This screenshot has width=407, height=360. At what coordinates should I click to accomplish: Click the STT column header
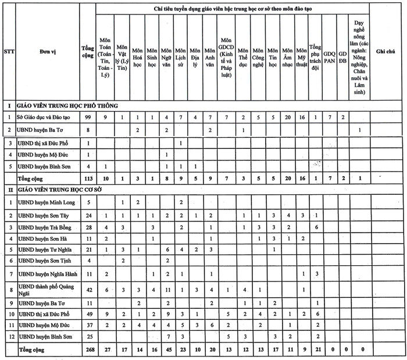(x=9, y=52)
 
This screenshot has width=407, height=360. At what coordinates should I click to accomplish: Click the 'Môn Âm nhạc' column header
(x=287, y=52)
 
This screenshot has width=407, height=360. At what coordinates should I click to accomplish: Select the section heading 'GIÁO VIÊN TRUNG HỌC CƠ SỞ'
(x=65, y=190)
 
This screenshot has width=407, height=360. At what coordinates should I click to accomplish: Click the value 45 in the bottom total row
(x=167, y=350)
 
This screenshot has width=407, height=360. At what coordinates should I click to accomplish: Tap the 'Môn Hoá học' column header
(x=137, y=52)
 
